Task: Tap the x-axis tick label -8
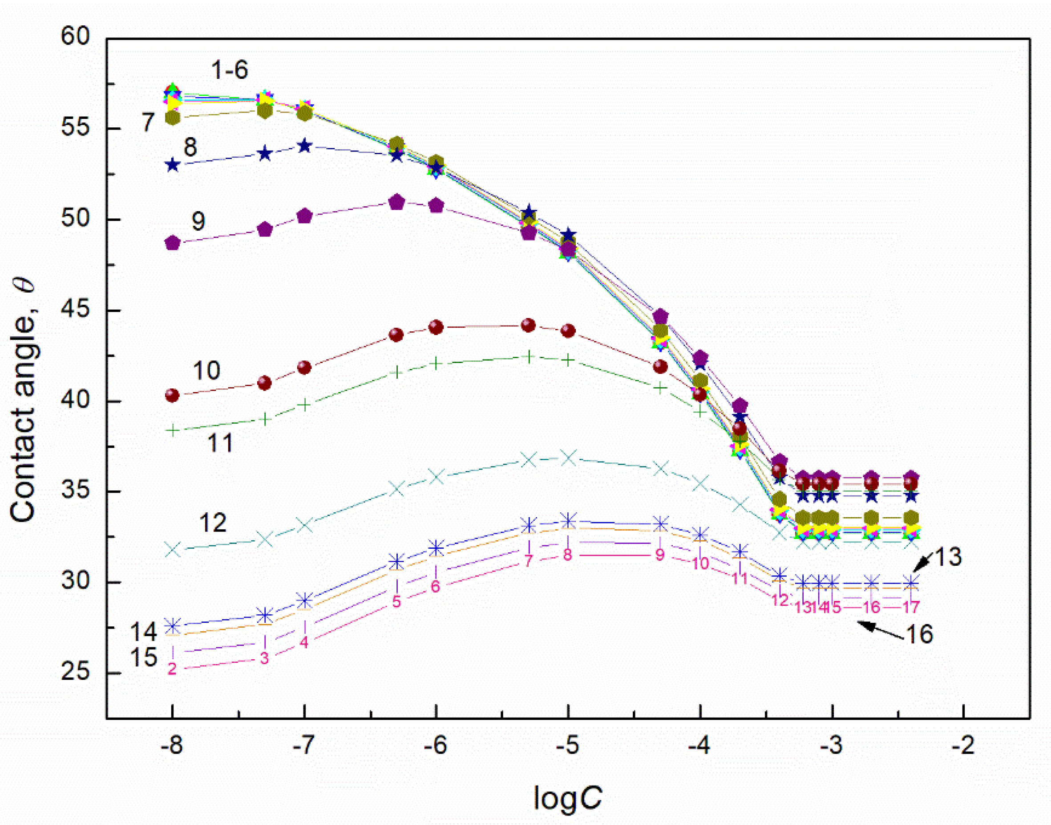(x=172, y=746)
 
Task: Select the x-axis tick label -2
(x=963, y=746)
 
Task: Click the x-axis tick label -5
(x=567, y=746)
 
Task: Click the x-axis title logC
(x=567, y=797)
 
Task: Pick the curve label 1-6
(x=230, y=70)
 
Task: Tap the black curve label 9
(x=198, y=221)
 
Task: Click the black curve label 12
(x=213, y=523)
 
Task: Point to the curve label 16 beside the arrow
(x=919, y=634)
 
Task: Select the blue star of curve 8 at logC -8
(x=172, y=165)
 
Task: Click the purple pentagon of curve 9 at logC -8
(x=172, y=243)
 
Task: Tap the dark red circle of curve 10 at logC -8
(x=172, y=396)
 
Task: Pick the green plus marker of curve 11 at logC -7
(x=304, y=405)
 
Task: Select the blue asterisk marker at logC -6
(x=436, y=548)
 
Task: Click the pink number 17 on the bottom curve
(x=911, y=607)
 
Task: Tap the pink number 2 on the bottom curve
(x=172, y=669)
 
